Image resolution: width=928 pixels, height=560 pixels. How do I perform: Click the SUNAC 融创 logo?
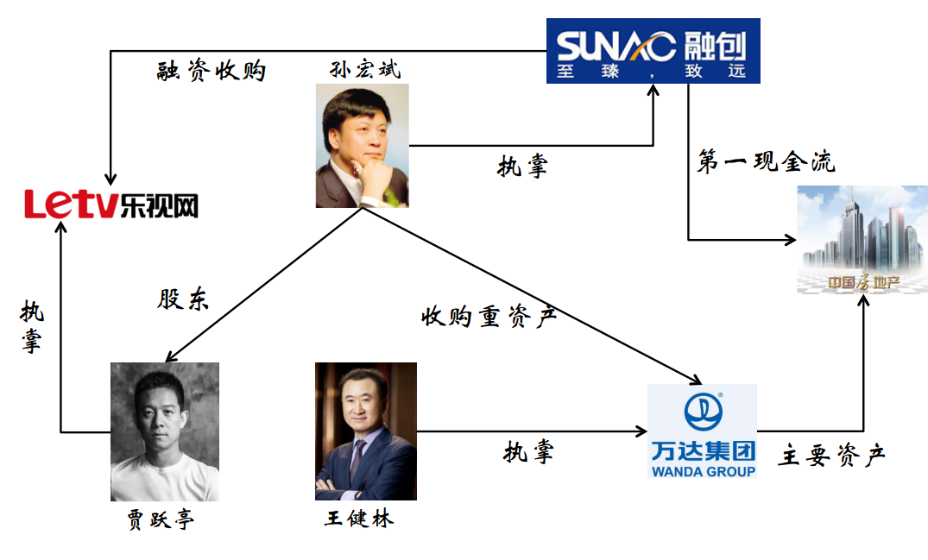pyautogui.click(x=653, y=50)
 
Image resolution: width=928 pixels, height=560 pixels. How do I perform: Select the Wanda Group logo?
pyautogui.click(x=702, y=431)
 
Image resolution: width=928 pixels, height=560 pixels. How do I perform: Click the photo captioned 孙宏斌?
pyautogui.click(x=362, y=145)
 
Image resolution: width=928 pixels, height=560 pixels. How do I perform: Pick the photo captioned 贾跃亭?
pyautogui.click(x=164, y=431)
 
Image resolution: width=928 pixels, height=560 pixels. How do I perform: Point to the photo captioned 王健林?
pyautogui.click(x=365, y=431)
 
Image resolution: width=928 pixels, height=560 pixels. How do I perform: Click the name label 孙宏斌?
pyautogui.click(x=365, y=69)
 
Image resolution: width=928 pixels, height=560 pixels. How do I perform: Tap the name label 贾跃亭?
pyautogui.click(x=161, y=519)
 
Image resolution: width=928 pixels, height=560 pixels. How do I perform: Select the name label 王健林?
pyautogui.click(x=359, y=519)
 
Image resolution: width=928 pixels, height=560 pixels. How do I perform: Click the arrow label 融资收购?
pyautogui.click(x=211, y=71)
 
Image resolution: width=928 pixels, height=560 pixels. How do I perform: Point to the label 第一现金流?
pyautogui.click(x=766, y=161)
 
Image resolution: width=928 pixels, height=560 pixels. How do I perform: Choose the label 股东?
pyautogui.click(x=183, y=299)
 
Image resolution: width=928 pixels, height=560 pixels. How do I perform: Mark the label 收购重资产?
pyautogui.click(x=489, y=317)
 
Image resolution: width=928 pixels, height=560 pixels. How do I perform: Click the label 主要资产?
pyautogui.click(x=831, y=455)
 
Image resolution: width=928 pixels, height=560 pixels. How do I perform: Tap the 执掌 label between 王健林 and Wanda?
pyautogui.click(x=528, y=451)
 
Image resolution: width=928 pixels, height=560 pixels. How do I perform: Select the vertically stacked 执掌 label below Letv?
pyautogui.click(x=32, y=328)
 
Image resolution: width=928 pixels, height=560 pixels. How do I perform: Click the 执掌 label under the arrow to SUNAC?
pyautogui.click(x=522, y=166)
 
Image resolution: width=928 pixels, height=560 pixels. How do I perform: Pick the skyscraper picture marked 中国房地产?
pyautogui.click(x=862, y=238)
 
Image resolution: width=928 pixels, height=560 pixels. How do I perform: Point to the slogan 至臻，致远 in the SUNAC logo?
pyautogui.click(x=653, y=72)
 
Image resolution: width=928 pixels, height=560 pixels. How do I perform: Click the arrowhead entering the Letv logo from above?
pyautogui.click(x=110, y=178)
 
